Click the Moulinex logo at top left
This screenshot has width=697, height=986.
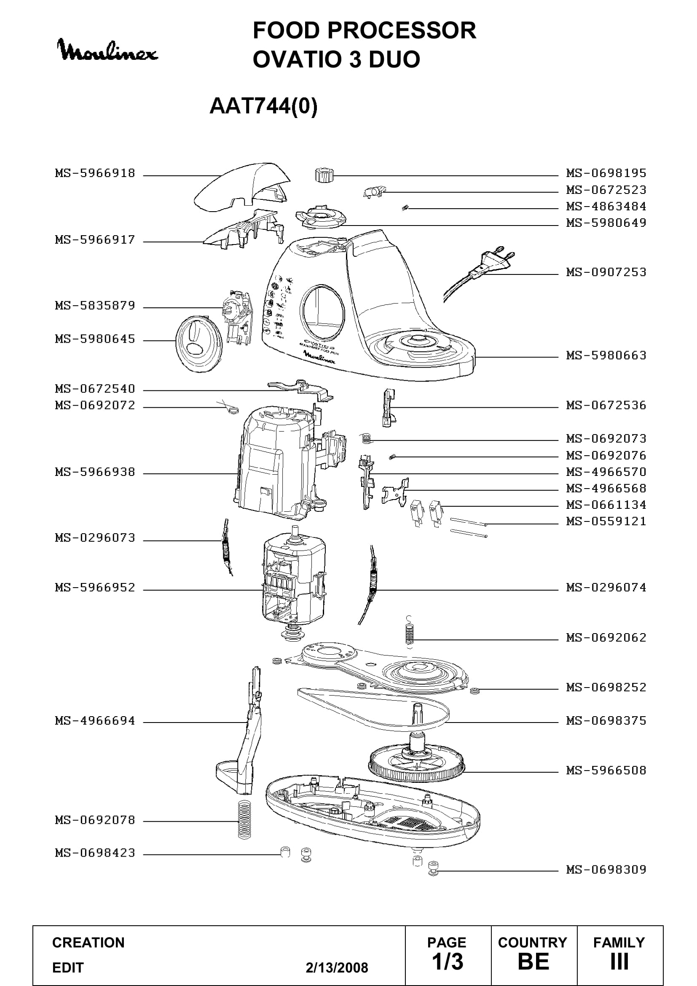(x=107, y=50)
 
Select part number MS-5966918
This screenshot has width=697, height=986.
(x=95, y=173)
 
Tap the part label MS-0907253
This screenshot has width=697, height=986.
(x=606, y=272)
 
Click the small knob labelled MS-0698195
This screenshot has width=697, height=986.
(x=324, y=175)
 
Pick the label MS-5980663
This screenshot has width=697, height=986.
(x=606, y=355)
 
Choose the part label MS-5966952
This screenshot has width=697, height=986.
(x=95, y=587)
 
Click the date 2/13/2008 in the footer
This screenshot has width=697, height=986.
(x=337, y=967)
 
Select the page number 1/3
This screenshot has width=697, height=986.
(x=447, y=962)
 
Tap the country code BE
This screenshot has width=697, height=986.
(x=533, y=962)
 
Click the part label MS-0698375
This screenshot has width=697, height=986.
(x=606, y=720)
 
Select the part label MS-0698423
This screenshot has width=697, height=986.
(x=95, y=852)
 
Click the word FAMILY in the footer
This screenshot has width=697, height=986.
(x=619, y=942)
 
